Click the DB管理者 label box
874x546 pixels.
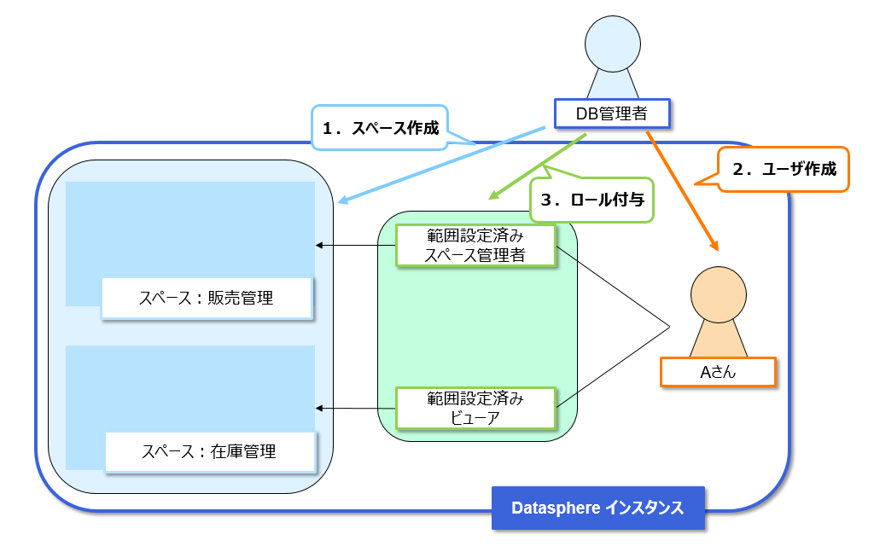pos(611,113)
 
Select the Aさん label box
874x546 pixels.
pos(718,372)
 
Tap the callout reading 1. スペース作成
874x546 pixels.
pos(381,129)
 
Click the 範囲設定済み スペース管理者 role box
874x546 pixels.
pos(475,245)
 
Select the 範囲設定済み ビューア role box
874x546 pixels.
pos(475,408)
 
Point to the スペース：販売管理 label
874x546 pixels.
pos(206,298)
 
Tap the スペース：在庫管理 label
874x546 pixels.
pos(209,451)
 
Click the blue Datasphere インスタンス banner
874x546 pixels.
pos(597,508)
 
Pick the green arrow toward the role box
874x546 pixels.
pos(538,166)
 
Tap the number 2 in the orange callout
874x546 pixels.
pos(738,169)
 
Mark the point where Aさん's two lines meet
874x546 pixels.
pos(668,326)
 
